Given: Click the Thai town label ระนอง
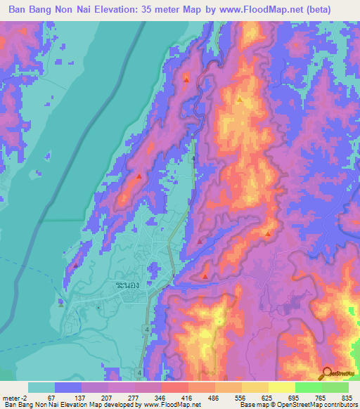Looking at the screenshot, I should click(x=129, y=286).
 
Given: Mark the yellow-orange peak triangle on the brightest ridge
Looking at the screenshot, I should click(x=240, y=99).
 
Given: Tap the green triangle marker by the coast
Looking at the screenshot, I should click(x=61, y=304).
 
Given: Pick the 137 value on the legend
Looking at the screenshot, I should click(x=77, y=397).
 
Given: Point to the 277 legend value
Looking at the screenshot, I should click(x=134, y=397).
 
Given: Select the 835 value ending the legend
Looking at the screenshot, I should click(x=346, y=397).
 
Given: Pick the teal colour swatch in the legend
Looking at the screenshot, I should click(x=41, y=387).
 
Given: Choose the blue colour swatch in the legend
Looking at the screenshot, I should click(x=68, y=387).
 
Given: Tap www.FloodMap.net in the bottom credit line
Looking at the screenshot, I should click(x=166, y=405).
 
